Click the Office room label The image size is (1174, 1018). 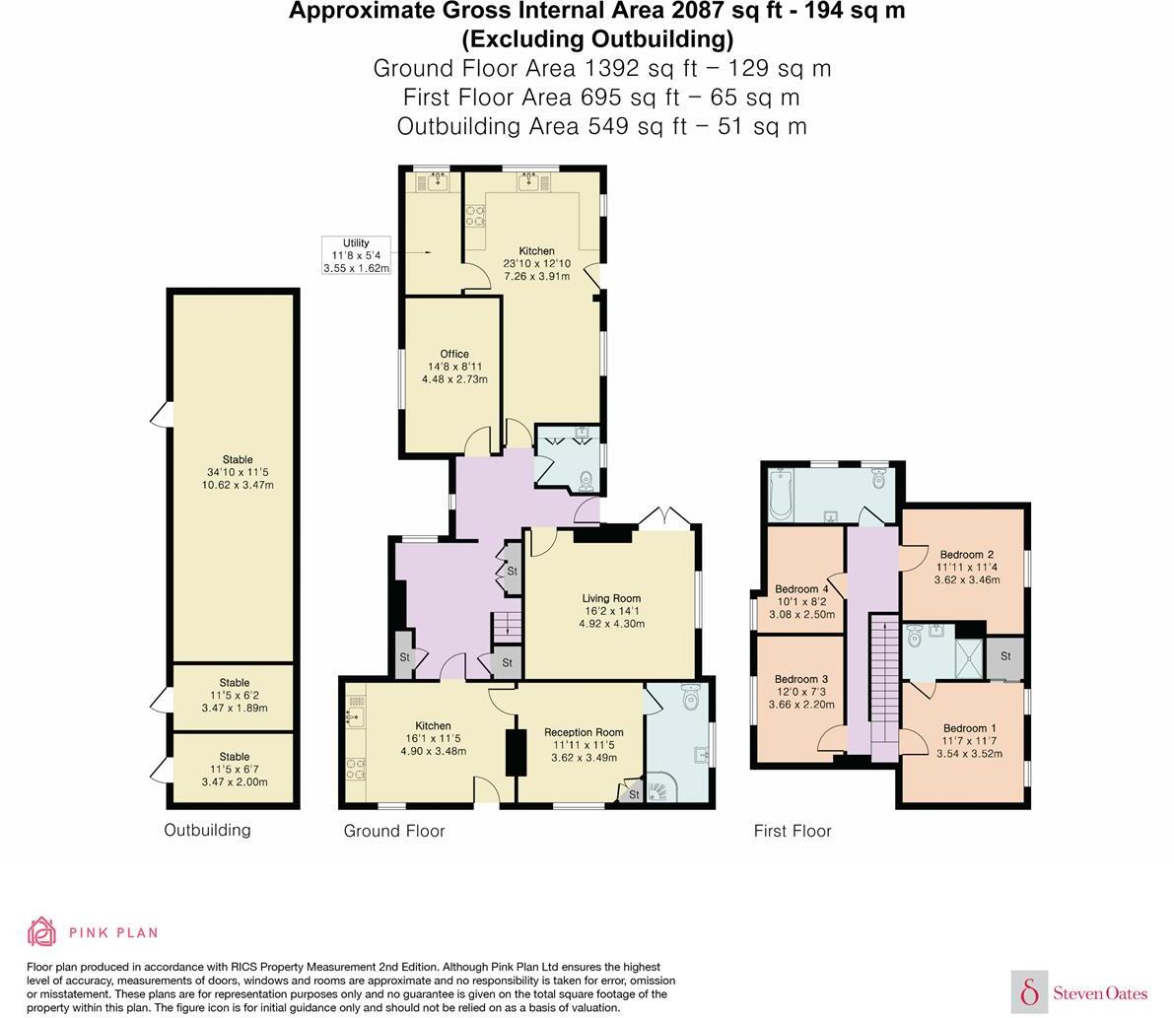coord(454,354)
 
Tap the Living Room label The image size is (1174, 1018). coord(611,598)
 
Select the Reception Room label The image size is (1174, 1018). coord(584,732)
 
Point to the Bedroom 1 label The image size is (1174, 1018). coord(966,728)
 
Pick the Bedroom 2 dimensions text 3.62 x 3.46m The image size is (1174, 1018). coord(966,580)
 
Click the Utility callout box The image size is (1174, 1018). coord(356,255)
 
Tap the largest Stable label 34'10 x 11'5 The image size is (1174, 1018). coord(237,472)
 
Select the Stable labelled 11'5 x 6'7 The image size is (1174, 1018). coord(236,769)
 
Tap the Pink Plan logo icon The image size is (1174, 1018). coord(41,931)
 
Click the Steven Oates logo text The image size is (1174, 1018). coord(1099,993)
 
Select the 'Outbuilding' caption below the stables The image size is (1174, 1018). coord(207,830)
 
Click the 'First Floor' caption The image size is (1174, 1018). coord(793,831)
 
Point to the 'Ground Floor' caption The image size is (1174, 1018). coord(394,831)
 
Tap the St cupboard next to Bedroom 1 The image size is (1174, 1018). coord(1005,657)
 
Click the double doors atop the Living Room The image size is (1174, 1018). coord(665,517)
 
